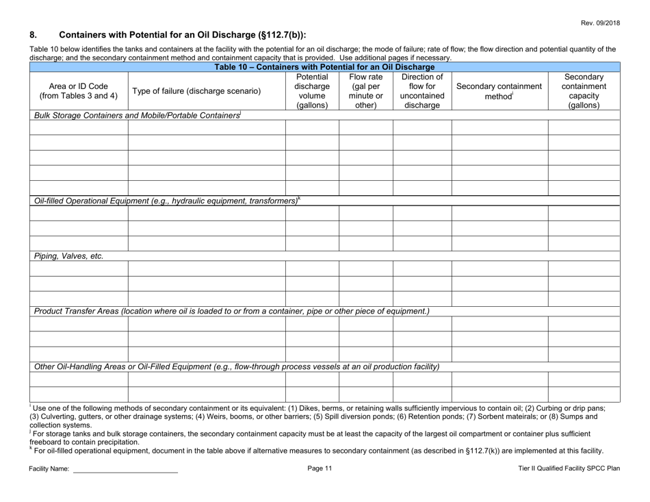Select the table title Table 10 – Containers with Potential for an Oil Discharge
point(324,66)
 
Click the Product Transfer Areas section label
point(232,312)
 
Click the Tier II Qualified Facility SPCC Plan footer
point(569,467)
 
